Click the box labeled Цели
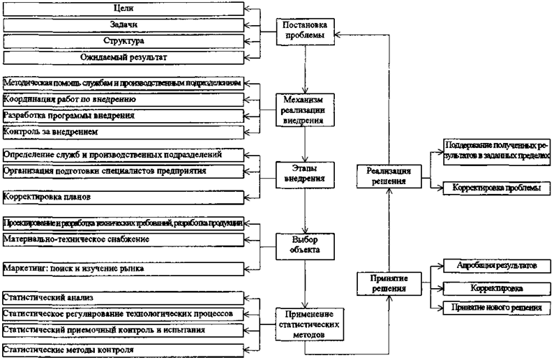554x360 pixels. tap(124, 9)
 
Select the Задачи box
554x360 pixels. tap(124, 25)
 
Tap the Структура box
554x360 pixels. tap(124, 40)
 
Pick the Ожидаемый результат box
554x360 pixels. tap(124, 57)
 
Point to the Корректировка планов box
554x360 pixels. tap(124, 197)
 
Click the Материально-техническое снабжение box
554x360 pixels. tap(124, 240)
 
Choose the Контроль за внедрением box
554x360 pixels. tap(124, 131)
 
